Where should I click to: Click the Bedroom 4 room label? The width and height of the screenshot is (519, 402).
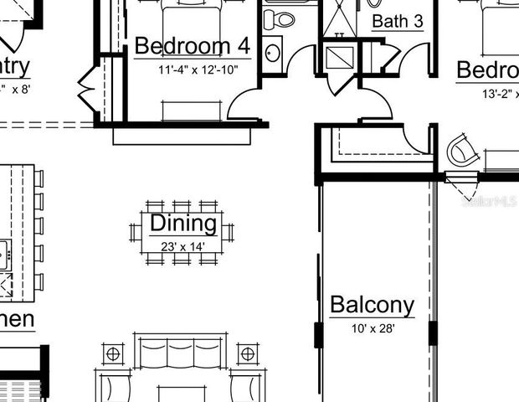(x=192, y=45)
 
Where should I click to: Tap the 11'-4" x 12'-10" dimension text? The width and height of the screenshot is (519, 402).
(x=198, y=70)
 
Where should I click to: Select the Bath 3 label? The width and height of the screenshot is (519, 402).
(x=397, y=21)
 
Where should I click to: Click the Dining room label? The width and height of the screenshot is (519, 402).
(x=182, y=224)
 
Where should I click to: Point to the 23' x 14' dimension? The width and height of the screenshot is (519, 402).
(x=182, y=246)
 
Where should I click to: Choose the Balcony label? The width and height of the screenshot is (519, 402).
(x=372, y=305)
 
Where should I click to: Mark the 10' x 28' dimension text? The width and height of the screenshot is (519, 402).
(x=373, y=328)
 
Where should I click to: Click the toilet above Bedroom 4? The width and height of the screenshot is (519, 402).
(x=277, y=17)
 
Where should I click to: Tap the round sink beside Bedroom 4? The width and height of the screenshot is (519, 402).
(x=273, y=52)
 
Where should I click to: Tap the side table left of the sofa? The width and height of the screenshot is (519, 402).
(x=112, y=354)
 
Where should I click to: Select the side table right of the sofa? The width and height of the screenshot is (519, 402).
(x=248, y=353)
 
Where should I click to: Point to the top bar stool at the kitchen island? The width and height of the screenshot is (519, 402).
(x=37, y=179)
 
